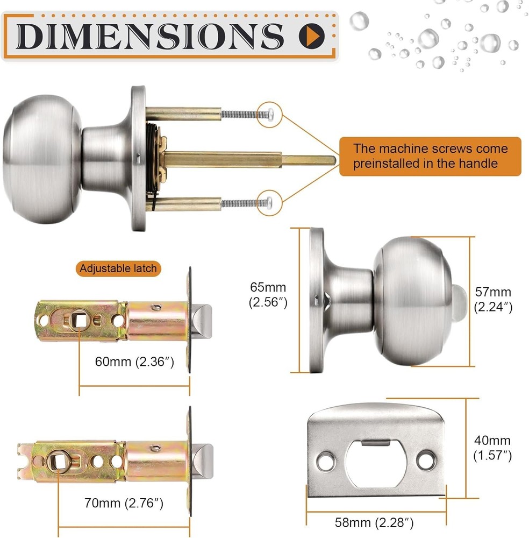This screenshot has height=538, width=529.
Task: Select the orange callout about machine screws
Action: [x=430, y=156]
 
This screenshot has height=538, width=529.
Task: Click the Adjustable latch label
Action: [x=118, y=268]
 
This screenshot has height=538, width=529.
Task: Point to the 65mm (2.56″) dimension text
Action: [x=267, y=295]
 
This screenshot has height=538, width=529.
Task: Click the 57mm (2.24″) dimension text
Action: [x=493, y=300]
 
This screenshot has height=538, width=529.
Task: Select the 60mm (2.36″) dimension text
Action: [x=134, y=362]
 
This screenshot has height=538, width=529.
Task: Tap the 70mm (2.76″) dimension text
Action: [x=124, y=504]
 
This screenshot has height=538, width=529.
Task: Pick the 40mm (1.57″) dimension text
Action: [x=492, y=448]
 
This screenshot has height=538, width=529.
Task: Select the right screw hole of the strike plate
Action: [x=428, y=459]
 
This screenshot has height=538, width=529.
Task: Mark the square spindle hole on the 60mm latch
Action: [x=80, y=321]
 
